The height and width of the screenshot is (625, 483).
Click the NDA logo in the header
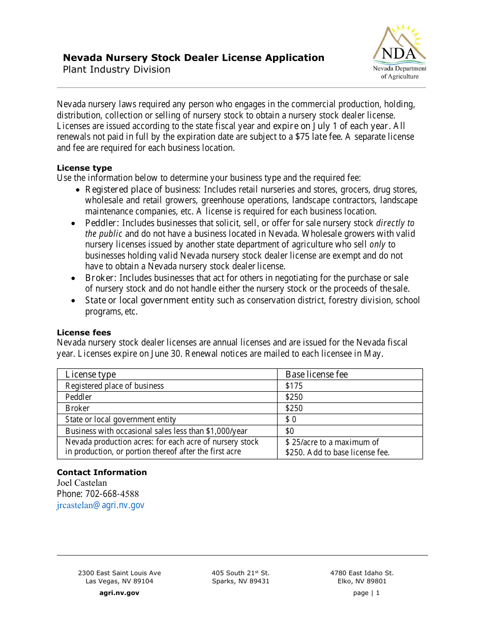pos(399,52)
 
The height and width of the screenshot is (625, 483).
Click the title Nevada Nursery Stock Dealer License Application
pos(193,58)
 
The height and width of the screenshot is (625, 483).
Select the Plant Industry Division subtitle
pos(116,70)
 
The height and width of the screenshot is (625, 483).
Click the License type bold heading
pos(84,168)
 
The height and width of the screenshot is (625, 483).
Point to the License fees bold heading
pos(84,332)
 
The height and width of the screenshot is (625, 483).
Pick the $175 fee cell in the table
pos(294,386)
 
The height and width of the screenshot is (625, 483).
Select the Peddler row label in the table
pos(79,397)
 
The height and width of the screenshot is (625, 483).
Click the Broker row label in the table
pos(77,408)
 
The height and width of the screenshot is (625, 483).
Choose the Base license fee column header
pos(317,374)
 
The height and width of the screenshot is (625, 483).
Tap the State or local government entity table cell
pos(120,419)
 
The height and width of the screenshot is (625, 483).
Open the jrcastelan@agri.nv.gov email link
pos(101,505)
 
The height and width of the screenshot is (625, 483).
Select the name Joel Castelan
pos(82,483)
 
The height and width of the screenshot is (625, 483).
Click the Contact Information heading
pos(102,472)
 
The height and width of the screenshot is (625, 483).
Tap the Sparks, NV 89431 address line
pos(240,581)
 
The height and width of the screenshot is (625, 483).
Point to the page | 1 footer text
pos(366,593)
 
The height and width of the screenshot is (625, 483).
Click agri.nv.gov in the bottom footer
pos(119,593)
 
